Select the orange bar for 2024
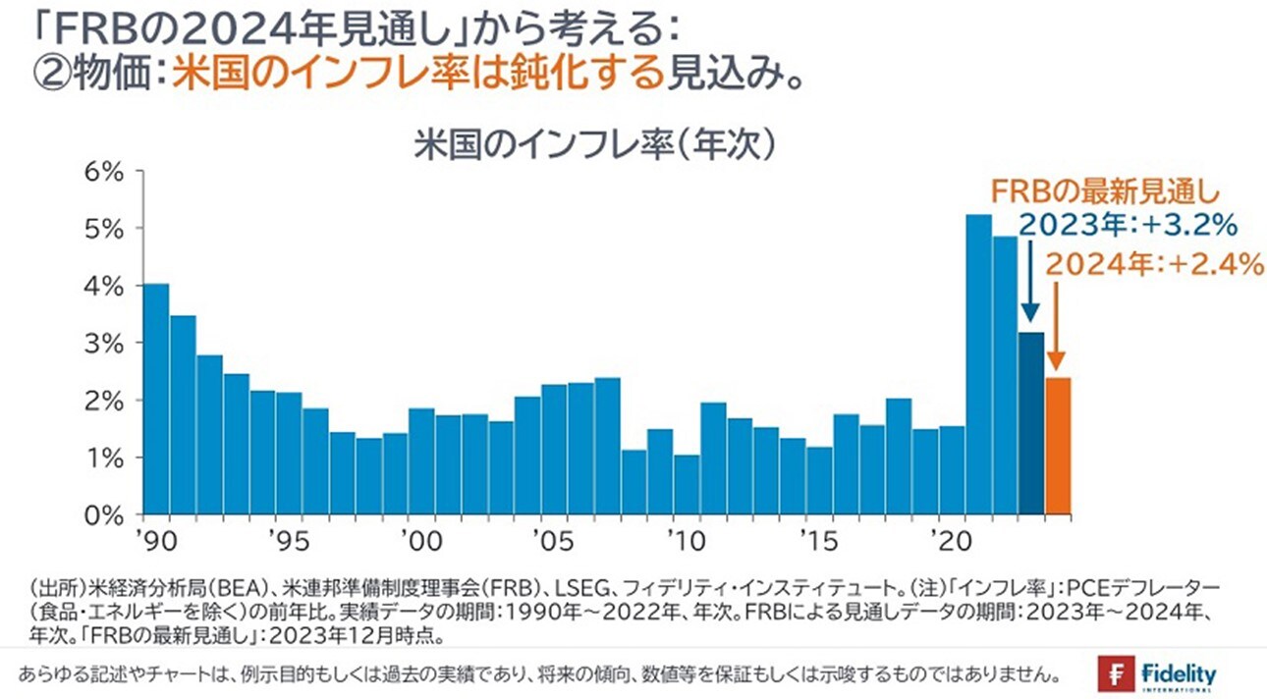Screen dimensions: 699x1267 1058,446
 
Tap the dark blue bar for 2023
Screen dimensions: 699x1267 1031,423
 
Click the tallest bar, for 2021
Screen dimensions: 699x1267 978,364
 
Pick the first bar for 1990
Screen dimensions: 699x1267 156,399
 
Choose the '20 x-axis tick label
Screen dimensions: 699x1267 950,541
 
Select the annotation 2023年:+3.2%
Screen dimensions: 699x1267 1125,227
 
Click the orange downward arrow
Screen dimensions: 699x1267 1056,324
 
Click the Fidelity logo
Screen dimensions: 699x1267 1159,675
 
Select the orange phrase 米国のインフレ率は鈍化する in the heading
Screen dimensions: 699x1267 417,76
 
